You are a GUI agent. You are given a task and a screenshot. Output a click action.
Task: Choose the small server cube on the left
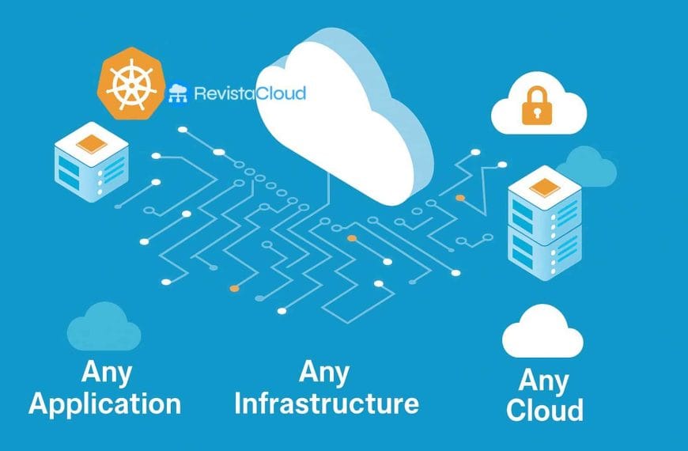coord(90,163)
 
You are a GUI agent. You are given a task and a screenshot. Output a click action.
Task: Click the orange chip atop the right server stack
coord(544,188)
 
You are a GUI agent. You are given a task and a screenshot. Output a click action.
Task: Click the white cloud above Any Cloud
coord(542,333)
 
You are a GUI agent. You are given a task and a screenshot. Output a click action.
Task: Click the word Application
coord(104,404)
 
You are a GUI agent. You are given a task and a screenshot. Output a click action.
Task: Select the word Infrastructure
coord(326,404)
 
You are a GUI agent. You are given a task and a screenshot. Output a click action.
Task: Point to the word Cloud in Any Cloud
coord(545,410)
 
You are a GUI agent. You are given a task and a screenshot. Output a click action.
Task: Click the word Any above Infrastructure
coord(325,371)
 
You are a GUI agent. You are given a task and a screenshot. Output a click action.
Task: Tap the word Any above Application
coord(107,372)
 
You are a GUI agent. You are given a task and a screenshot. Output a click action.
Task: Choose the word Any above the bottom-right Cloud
coord(544,381)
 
